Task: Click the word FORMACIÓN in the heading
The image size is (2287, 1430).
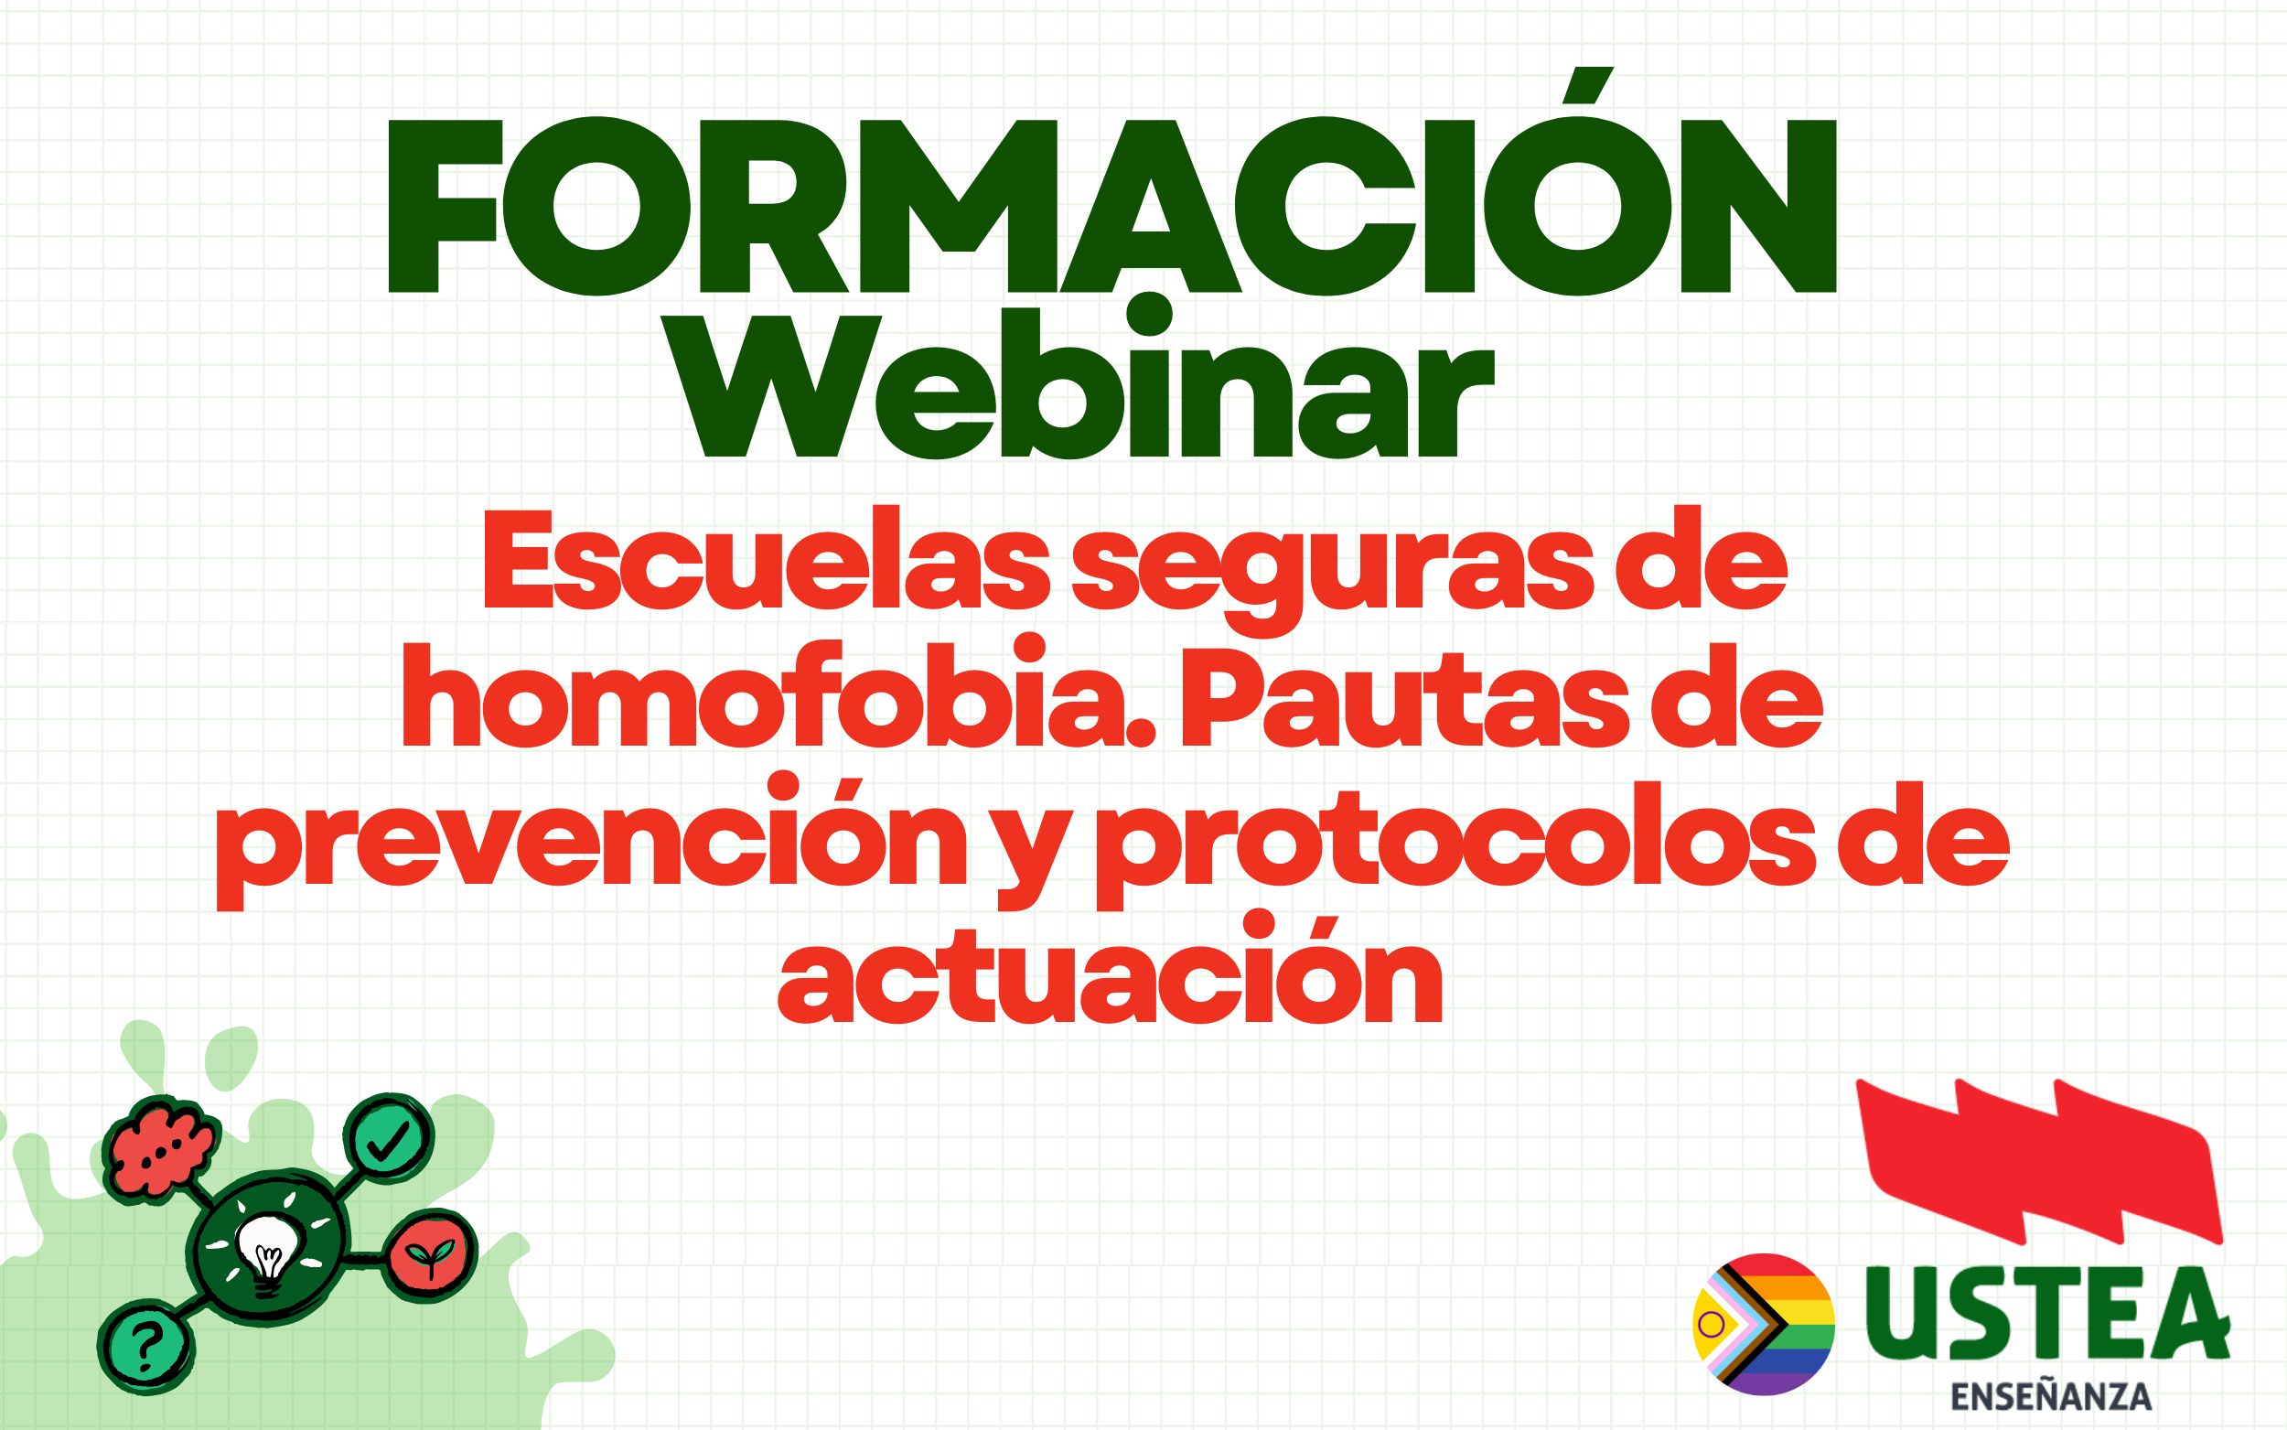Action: pyautogui.click(x=1111, y=208)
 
